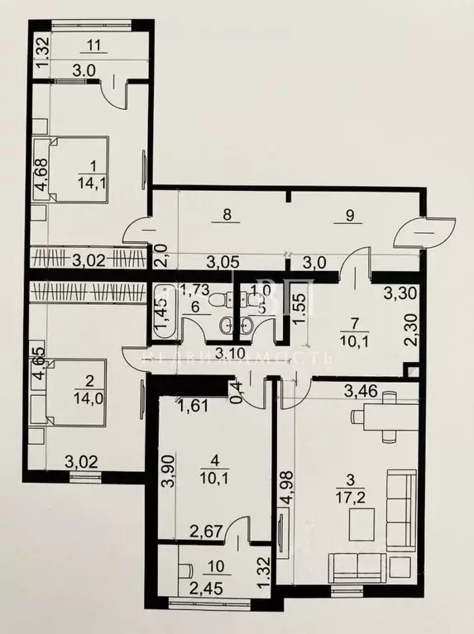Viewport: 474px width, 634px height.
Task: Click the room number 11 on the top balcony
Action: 93,46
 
